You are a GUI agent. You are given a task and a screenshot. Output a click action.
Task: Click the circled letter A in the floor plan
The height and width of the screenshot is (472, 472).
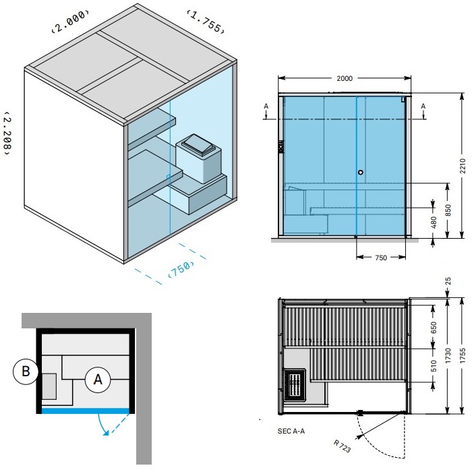[x=98, y=380]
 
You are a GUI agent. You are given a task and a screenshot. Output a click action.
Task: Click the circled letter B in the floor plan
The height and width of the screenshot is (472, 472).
[x=24, y=370]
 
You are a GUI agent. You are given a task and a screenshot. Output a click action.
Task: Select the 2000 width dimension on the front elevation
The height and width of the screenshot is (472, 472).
[x=345, y=79]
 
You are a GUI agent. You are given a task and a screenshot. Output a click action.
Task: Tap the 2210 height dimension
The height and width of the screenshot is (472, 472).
[x=462, y=166]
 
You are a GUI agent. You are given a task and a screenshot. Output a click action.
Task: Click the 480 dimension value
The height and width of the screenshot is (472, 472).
[x=433, y=222]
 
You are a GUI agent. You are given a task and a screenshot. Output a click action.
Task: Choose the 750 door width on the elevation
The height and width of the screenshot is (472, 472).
[x=381, y=258]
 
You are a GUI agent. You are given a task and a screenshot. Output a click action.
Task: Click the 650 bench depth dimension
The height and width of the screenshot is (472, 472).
[x=434, y=328]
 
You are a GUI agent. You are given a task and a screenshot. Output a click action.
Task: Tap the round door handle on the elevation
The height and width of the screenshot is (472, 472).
[x=361, y=173]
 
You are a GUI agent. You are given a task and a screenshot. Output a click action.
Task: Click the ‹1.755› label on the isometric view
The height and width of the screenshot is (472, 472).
[x=204, y=22]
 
